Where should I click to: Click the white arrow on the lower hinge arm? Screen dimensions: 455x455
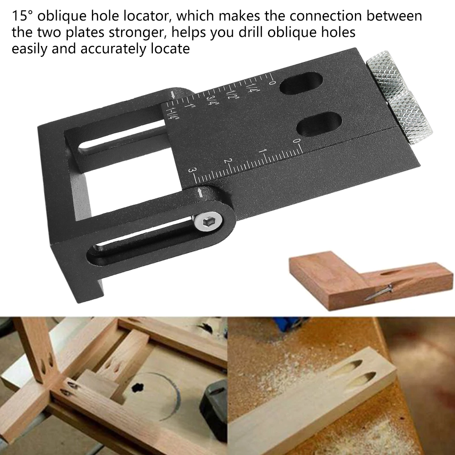tap(201, 193)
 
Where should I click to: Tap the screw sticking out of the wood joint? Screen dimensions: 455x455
tap(380, 292)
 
